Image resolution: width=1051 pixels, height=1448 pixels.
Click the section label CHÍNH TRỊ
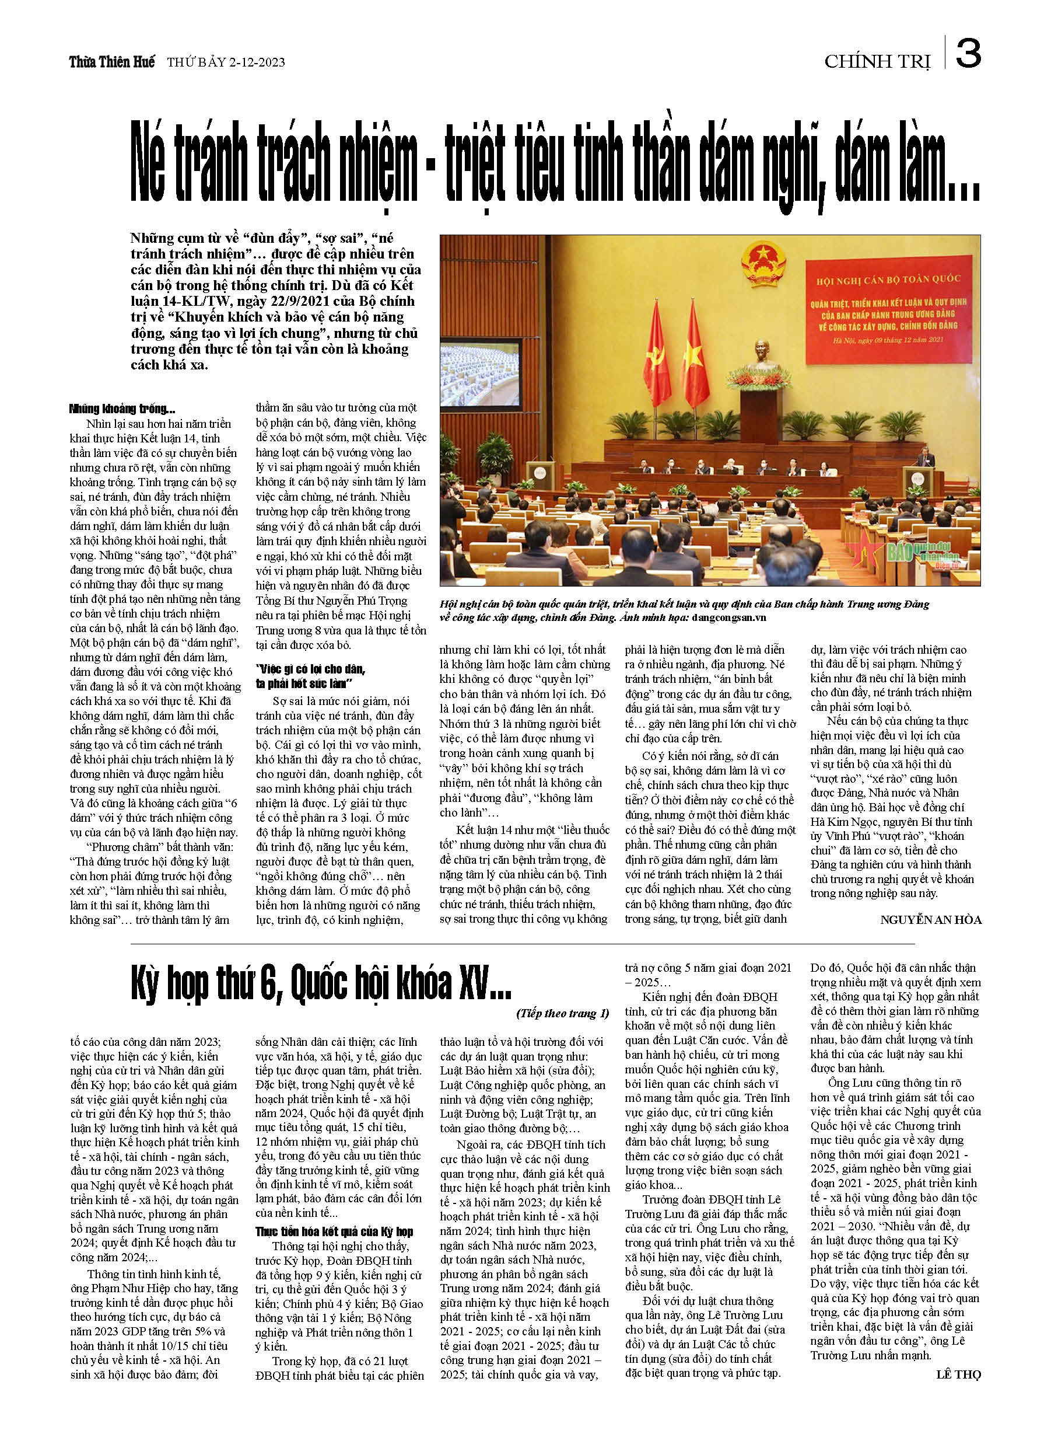point(877,61)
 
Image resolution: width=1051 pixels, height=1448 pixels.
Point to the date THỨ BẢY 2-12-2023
point(226,62)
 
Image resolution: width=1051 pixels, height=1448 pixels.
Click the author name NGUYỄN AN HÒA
point(930,920)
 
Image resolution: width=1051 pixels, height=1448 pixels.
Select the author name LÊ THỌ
point(958,1374)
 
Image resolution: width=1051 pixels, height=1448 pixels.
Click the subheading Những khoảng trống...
point(122,409)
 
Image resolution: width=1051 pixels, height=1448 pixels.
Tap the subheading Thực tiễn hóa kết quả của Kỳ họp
point(334,1231)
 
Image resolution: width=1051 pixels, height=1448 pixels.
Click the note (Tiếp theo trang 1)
point(562,1013)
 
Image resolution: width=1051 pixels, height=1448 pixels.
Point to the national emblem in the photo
point(763,263)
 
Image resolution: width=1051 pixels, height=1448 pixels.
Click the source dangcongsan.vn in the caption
point(728,617)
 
